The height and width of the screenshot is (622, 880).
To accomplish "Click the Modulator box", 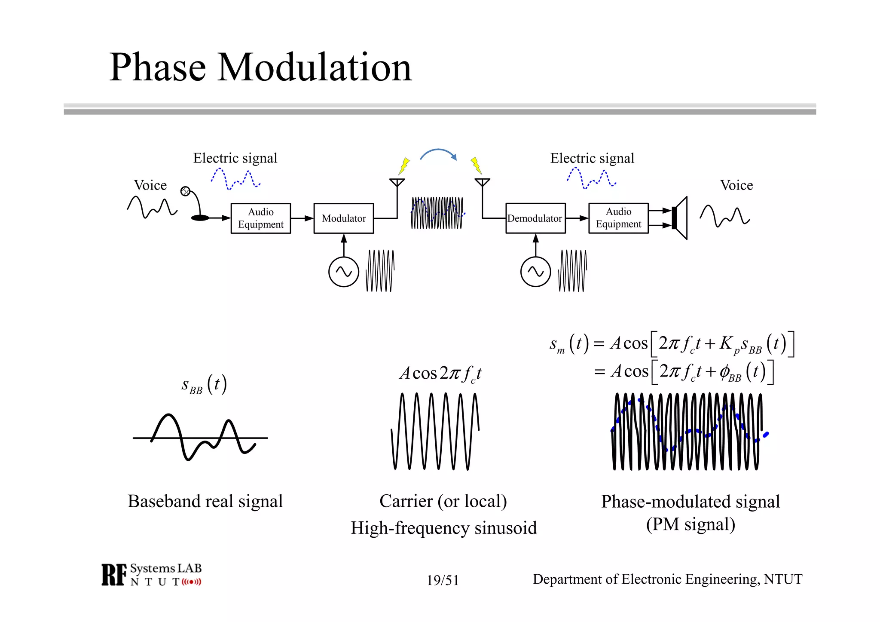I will [343, 218].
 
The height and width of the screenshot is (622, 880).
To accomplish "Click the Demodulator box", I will [535, 218].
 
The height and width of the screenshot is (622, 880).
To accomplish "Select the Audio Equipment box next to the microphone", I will [260, 218].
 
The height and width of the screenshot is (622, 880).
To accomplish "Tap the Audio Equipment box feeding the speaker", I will [618, 218].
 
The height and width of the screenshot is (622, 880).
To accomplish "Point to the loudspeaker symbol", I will [680, 218].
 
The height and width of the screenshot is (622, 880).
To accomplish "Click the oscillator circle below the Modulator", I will [343, 272].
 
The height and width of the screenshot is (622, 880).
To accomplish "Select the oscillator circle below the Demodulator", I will [535, 272].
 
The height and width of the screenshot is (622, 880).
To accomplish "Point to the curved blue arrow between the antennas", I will [438, 153].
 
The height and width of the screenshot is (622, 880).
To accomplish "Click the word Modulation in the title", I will [315, 67].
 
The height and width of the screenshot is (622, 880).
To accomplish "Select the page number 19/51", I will [443, 580].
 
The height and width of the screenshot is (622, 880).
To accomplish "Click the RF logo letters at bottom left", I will [114, 575].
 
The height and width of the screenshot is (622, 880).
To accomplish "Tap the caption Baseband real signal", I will [205, 501].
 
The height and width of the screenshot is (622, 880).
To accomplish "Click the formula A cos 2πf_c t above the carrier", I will [440, 373].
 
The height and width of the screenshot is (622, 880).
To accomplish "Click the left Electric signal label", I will [235, 158].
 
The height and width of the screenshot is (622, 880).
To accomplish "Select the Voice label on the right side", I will [736, 185].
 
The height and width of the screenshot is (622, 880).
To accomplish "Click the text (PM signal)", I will [690, 524].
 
